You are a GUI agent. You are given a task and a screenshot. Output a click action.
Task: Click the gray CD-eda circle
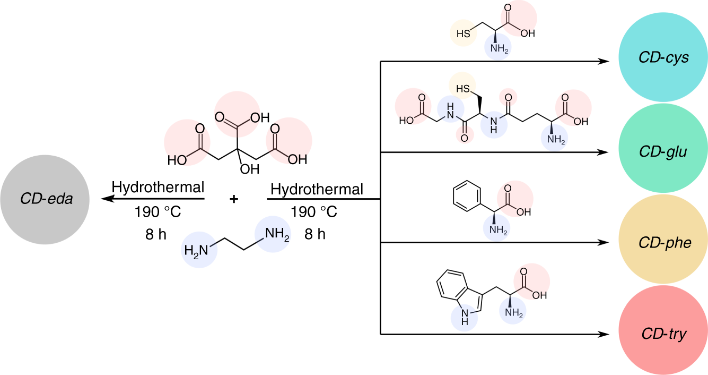point(46,199)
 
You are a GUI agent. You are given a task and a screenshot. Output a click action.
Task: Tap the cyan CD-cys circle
point(663,58)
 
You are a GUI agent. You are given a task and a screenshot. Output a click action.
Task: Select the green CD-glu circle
point(663,152)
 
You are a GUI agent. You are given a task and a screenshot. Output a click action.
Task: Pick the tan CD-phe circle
point(663,243)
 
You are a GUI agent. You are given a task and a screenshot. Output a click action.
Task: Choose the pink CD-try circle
point(663,334)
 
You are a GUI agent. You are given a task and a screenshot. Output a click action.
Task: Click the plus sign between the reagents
point(233,199)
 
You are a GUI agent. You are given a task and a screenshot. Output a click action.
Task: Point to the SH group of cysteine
point(462,33)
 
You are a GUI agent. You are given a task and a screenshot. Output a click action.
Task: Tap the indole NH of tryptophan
point(464,318)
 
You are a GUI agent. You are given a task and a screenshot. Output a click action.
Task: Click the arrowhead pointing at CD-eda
point(107,199)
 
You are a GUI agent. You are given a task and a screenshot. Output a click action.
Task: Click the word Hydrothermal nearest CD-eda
point(158,187)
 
